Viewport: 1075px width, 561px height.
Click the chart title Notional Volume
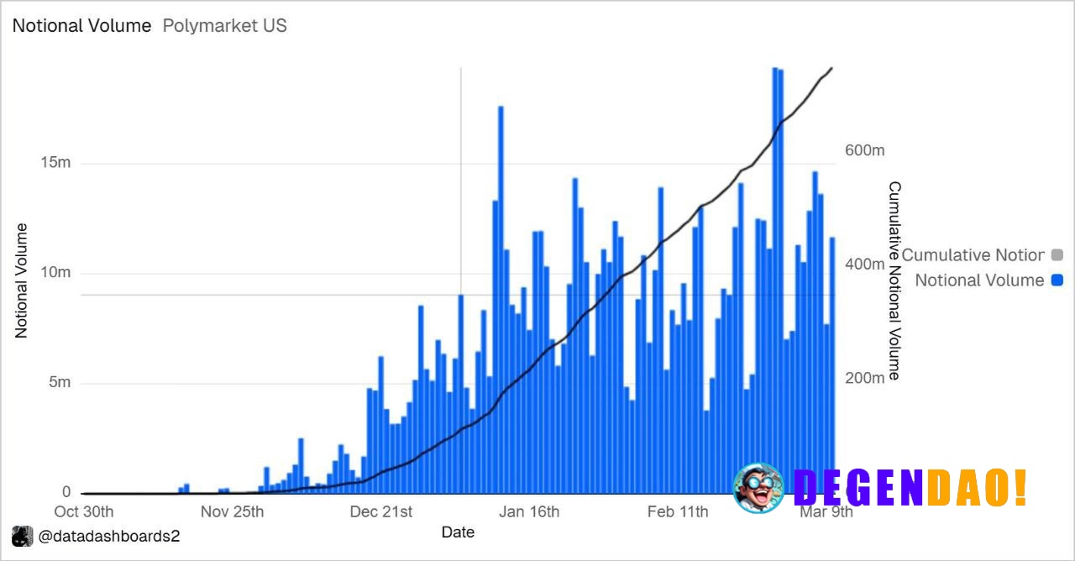click(81, 25)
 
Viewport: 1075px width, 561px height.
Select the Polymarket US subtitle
click(224, 25)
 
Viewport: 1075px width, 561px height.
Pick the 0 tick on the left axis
click(66, 493)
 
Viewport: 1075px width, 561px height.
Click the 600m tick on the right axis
click(864, 150)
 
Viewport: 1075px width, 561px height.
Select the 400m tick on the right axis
click(864, 264)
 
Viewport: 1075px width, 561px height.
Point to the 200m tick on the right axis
click(864, 377)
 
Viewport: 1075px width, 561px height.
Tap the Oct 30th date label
click(84, 512)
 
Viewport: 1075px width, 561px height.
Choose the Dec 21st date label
click(381, 512)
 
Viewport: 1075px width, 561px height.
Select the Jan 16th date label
click(528, 512)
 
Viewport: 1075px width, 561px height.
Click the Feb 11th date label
click(677, 512)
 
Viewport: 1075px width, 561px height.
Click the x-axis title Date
click(458, 532)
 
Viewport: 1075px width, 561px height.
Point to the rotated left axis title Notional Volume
click(22, 280)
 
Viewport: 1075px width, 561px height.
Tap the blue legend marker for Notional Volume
click(1057, 280)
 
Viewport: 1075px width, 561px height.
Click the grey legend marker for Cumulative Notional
click(1057, 254)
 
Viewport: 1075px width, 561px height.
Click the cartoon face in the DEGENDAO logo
click(758, 488)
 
